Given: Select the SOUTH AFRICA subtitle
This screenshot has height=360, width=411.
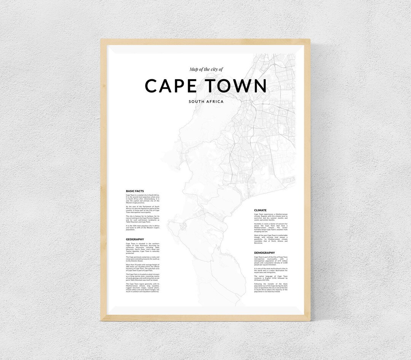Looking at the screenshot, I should click(x=206, y=102).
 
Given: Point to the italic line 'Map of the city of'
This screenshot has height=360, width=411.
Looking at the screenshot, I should click(x=206, y=69).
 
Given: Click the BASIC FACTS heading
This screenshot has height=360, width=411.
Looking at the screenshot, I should click(x=135, y=191).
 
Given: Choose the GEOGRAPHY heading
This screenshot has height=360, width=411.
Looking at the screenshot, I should click(x=135, y=239).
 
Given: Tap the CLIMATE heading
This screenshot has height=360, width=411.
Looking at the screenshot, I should click(x=260, y=210).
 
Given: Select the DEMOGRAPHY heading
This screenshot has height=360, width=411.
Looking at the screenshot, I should click(x=264, y=253).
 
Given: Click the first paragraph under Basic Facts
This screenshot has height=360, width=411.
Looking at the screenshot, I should click(x=142, y=198).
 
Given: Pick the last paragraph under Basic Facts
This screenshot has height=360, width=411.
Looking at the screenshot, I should click(x=142, y=228).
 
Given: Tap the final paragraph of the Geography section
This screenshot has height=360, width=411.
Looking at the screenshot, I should click(x=142, y=288).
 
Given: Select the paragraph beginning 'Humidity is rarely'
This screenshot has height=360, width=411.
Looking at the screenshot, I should click(x=271, y=227).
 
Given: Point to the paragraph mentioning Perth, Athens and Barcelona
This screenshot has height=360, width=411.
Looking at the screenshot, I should click(x=271, y=239).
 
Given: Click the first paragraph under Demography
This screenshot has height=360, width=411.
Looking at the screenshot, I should click(x=271, y=261).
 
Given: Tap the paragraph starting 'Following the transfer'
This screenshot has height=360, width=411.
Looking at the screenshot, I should click(x=271, y=288).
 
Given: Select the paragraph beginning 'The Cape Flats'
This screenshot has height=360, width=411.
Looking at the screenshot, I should click(x=142, y=277).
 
